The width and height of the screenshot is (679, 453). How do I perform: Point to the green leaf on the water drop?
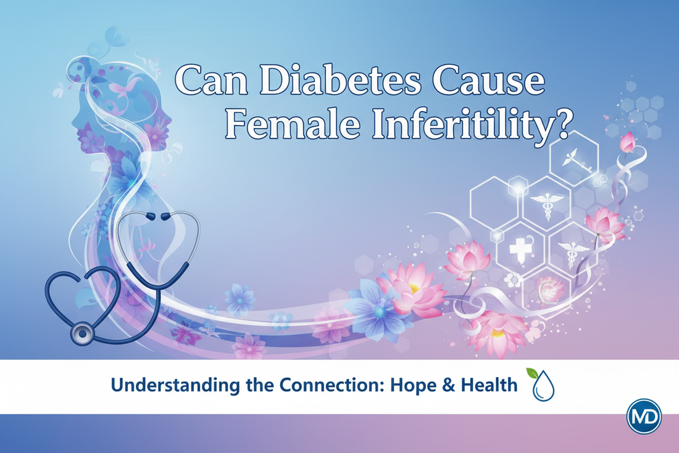pyautogui.click(x=532, y=373)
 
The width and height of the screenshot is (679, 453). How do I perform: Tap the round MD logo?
pyautogui.click(x=644, y=416)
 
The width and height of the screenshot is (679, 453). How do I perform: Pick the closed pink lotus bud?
pyautogui.click(x=628, y=142)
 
